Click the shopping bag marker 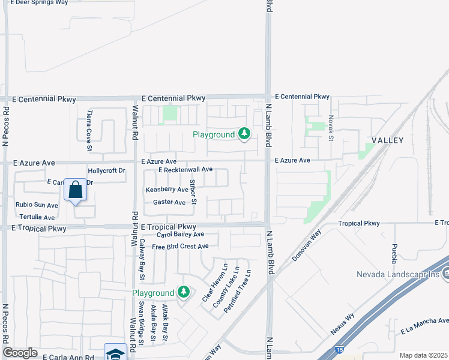[x=76, y=190]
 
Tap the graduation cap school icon [x=115, y=353]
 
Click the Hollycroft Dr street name [x=106, y=171]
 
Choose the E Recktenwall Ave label [x=185, y=170]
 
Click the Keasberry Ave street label [x=167, y=189]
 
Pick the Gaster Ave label [x=169, y=203]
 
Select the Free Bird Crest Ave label [x=180, y=247]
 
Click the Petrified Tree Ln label [x=237, y=292]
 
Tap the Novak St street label [x=331, y=129]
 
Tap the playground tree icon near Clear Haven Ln [x=184, y=293]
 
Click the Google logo [x=20, y=353]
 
